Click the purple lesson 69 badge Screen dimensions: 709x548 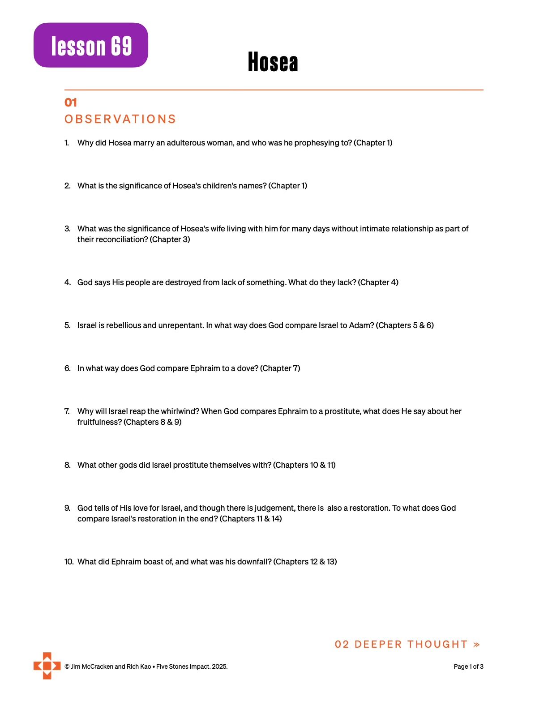pos(91,45)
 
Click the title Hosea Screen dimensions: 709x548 pos(273,62)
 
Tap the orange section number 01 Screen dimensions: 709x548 pos(71,103)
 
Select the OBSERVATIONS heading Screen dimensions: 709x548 pos(120,119)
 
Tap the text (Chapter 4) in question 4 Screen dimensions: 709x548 pos(378,282)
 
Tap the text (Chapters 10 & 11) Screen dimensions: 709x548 pos(304,465)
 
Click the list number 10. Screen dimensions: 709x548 pos(69,562)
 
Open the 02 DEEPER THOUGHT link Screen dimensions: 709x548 pos(407,645)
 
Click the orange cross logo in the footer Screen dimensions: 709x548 pos(47,666)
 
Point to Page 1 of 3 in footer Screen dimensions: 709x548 pos(468,667)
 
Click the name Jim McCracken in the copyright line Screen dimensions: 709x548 pos(92,667)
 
